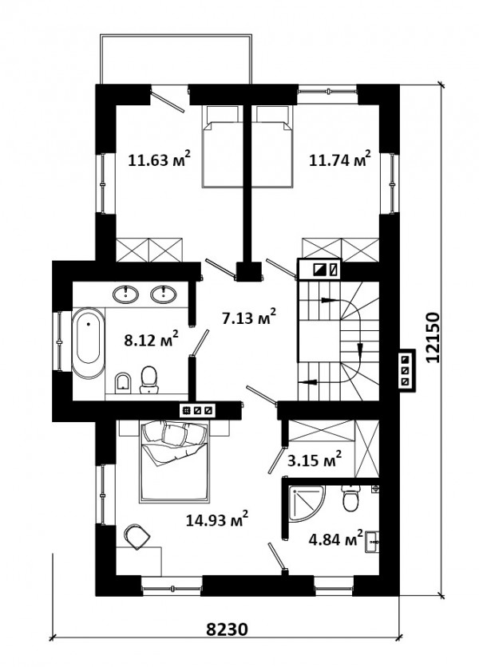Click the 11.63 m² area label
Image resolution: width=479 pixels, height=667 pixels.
click(159, 159)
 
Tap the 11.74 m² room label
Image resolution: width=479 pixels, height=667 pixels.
click(340, 159)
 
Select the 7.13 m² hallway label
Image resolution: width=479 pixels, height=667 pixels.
click(249, 317)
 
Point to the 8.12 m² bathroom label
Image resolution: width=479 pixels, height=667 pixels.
click(151, 339)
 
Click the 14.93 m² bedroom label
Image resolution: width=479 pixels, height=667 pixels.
click(217, 519)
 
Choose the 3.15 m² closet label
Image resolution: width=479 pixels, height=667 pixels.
click(315, 460)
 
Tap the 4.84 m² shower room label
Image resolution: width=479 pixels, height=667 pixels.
click(336, 539)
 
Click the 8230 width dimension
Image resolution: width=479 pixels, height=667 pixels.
click(227, 630)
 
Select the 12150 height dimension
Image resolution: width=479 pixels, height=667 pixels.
click(432, 337)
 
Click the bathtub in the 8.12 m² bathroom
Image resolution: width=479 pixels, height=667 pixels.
click(88, 343)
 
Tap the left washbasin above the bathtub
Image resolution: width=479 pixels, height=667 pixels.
click(125, 294)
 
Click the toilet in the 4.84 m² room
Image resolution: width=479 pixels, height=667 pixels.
click(351, 499)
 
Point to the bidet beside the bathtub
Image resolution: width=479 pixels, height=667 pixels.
click(123, 382)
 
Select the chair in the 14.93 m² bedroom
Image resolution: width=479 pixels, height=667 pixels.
click(137, 536)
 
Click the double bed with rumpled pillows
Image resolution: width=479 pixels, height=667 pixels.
click(176, 461)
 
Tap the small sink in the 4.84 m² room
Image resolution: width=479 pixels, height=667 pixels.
click(372, 542)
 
